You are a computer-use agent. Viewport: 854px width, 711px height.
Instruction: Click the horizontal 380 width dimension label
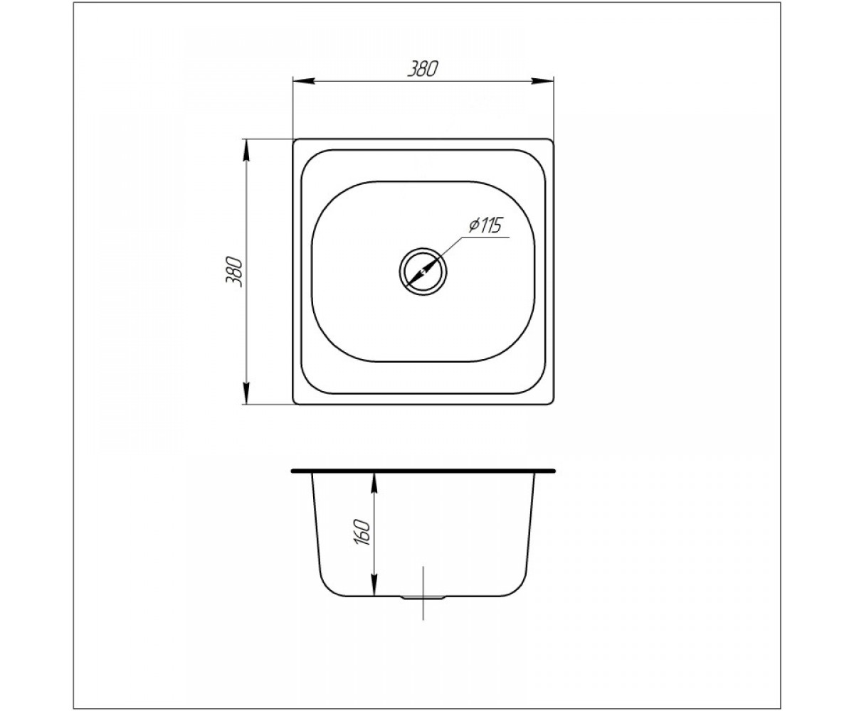point(422,70)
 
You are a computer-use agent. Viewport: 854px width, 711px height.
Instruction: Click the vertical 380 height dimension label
point(234,272)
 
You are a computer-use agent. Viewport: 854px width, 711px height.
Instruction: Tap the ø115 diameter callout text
point(485,225)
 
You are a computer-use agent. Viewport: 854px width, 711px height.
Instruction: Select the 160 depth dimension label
point(363,532)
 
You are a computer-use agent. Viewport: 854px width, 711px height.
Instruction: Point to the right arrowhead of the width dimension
point(542,81)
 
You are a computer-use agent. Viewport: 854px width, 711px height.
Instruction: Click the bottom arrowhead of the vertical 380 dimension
point(246,393)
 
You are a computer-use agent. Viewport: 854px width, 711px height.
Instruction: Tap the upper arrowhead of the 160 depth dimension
point(374,484)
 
